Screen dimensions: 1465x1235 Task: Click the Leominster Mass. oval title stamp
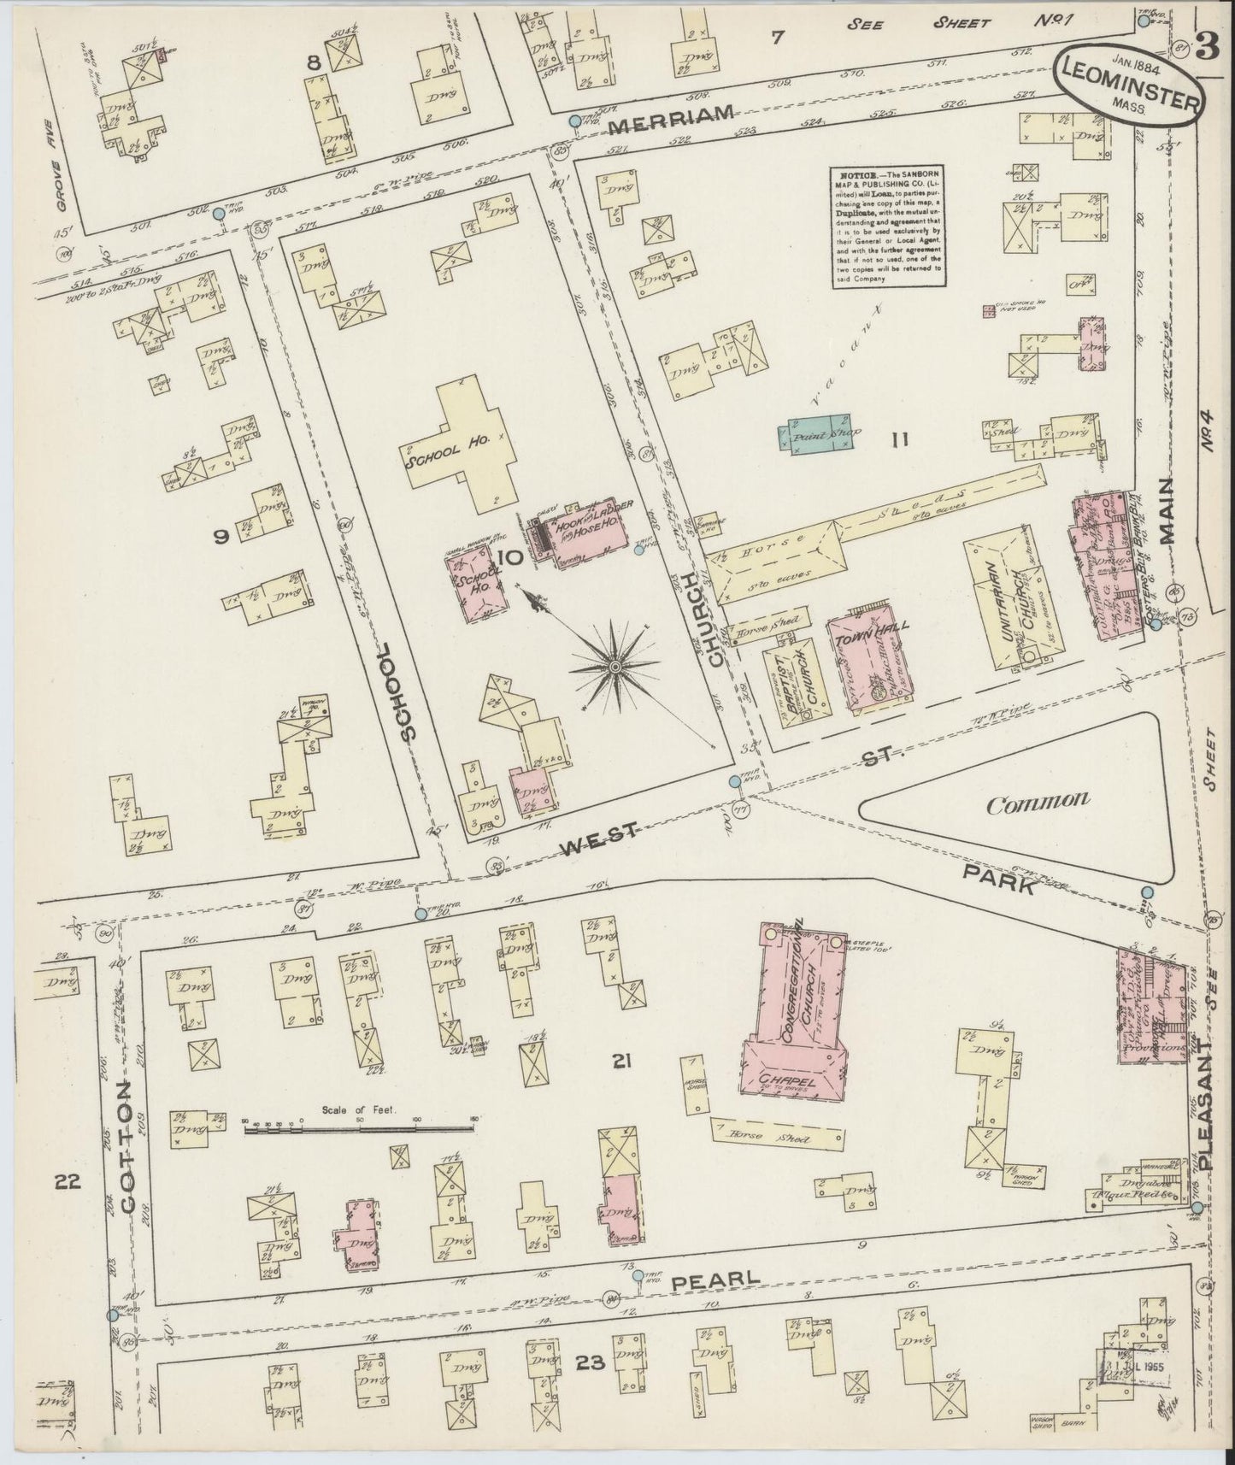[x=1126, y=86]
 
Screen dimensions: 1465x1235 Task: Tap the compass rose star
[x=615, y=666]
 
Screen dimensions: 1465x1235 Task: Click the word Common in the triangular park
[x=1038, y=803]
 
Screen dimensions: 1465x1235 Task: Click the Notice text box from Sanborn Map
[x=885, y=226]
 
